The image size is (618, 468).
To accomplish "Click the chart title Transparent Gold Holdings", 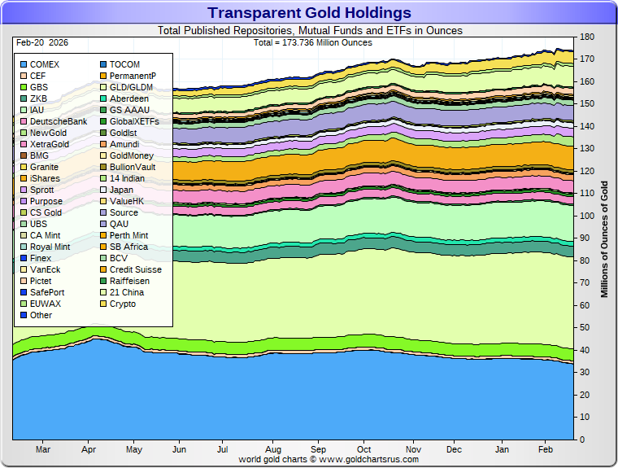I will point(309,12).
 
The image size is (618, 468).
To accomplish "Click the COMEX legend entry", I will point(44,64).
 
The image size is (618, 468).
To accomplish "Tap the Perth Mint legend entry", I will point(128,235).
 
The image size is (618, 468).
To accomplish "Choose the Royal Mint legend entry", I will point(50,247).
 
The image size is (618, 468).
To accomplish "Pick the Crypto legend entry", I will point(122,304).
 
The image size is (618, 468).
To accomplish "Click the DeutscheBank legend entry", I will point(58,121).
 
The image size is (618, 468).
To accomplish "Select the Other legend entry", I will point(41,315).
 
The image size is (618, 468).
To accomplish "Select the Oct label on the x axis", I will point(363,449).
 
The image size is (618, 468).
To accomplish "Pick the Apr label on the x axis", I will point(89,449).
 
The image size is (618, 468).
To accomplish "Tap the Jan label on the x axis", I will point(502,449).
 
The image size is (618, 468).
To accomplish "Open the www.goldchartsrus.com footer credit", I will point(329,459).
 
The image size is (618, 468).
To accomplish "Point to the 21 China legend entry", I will point(125,292).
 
